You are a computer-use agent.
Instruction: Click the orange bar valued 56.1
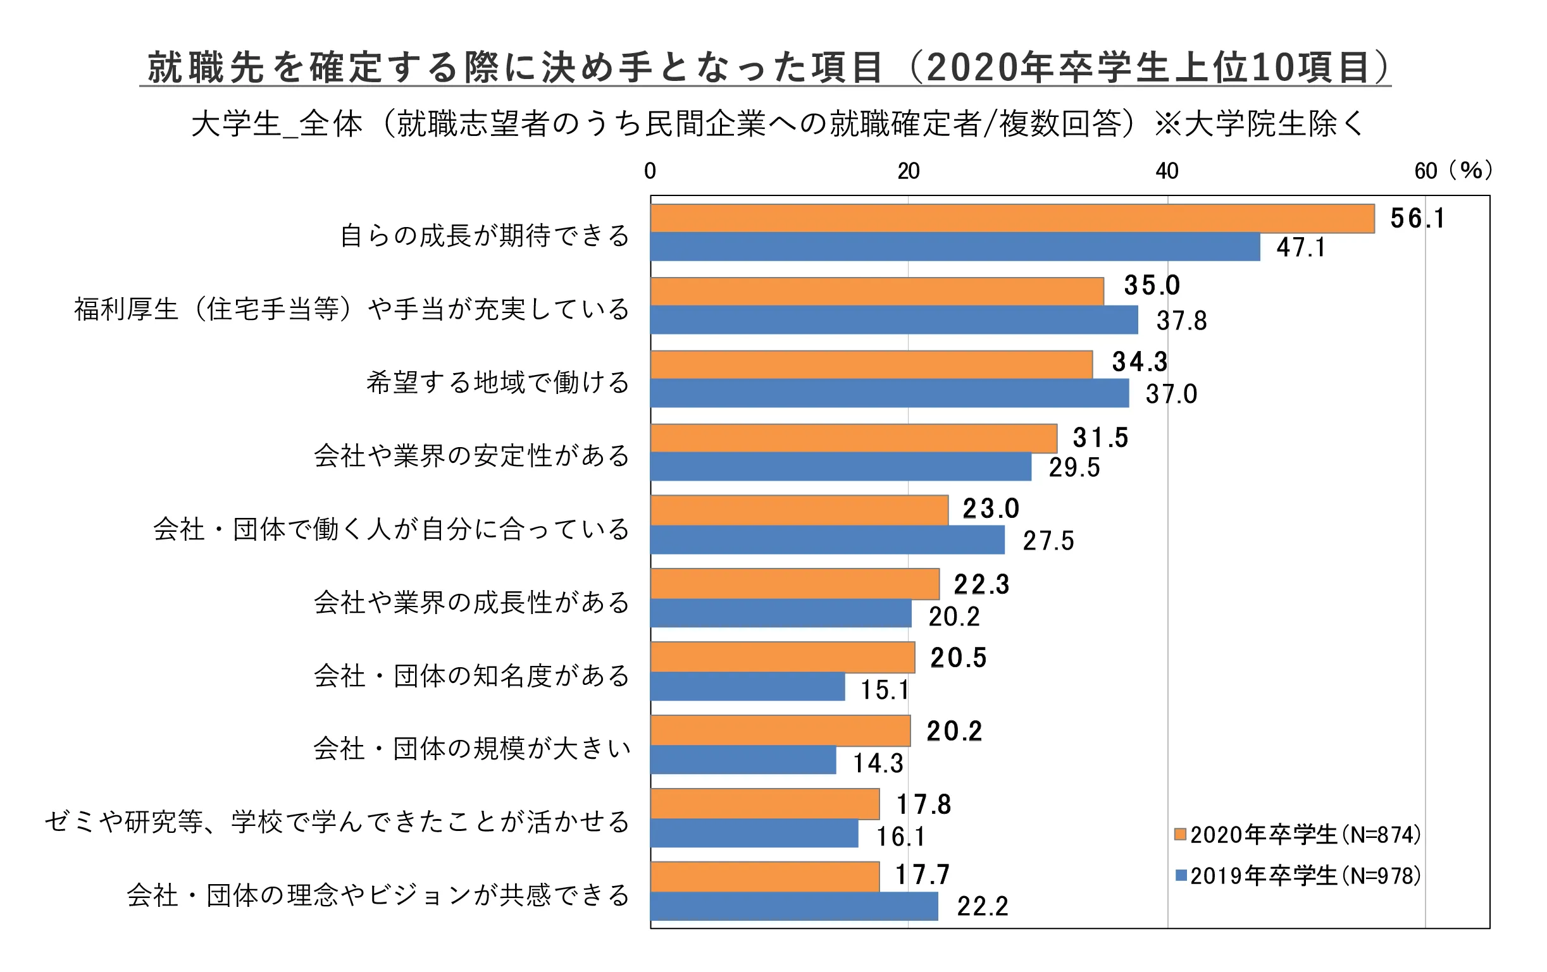tap(1012, 218)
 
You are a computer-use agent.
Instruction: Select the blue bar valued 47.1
tap(955, 247)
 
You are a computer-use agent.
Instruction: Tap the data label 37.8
tap(1181, 321)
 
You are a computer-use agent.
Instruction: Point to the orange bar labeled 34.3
tap(871, 365)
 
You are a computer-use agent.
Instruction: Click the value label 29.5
tap(1074, 467)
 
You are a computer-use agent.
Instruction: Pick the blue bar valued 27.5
tap(828, 540)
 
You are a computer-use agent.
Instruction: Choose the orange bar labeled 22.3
tap(795, 584)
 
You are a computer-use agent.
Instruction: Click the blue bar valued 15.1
tap(747, 686)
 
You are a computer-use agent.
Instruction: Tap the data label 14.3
tap(878, 763)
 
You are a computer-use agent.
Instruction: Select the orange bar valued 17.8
tap(764, 804)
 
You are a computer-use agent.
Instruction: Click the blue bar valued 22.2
tap(794, 906)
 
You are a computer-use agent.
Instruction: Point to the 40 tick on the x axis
tap(1167, 171)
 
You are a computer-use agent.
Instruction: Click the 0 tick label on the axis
tap(650, 171)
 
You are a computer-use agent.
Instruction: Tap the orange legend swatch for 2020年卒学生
tap(1180, 834)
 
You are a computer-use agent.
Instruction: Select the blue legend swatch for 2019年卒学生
tap(1180, 875)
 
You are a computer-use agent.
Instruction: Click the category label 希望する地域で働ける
tap(498, 383)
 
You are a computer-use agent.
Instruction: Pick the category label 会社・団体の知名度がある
tap(471, 676)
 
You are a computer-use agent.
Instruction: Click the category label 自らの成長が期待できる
tap(485, 237)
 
